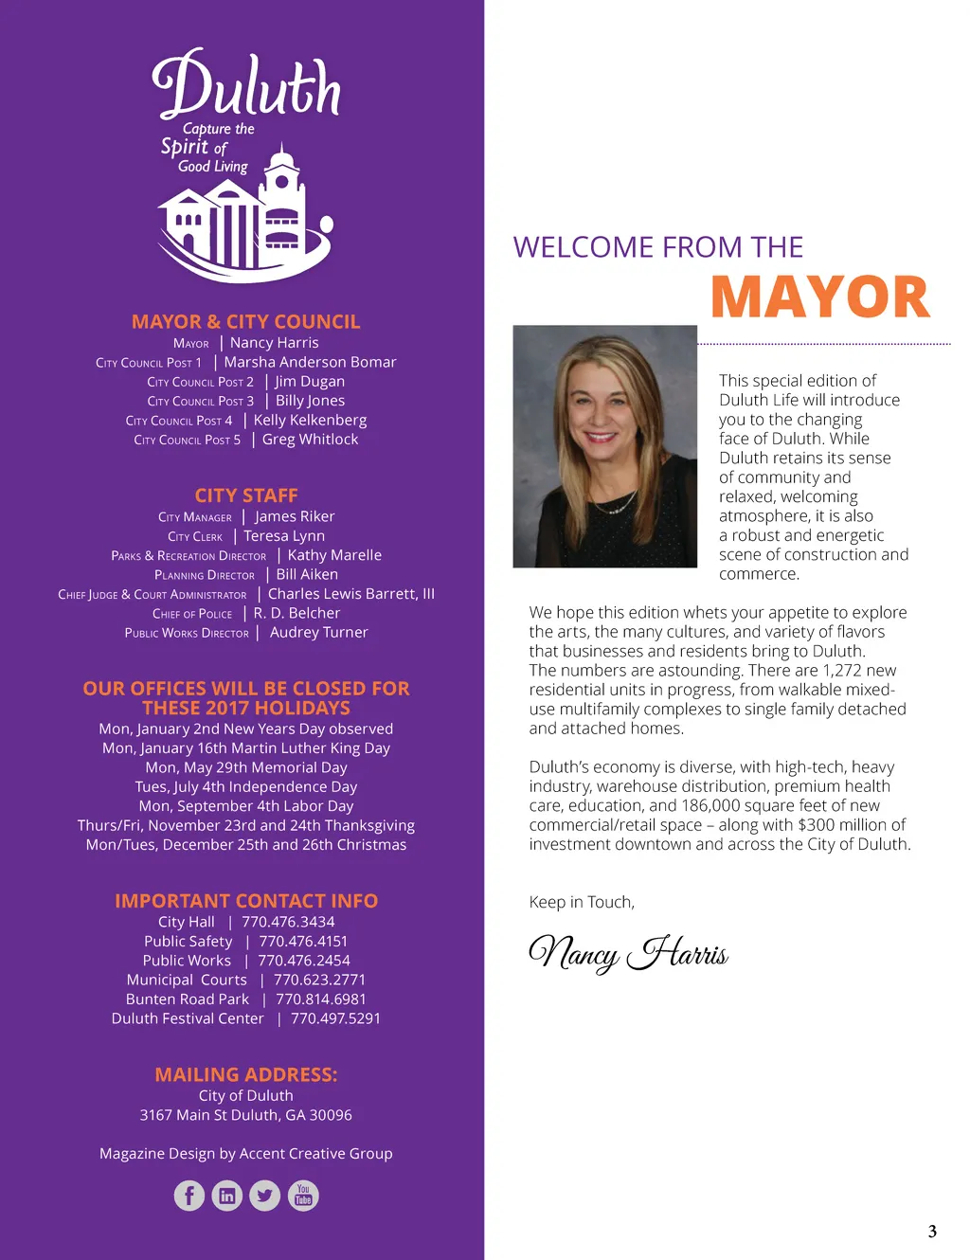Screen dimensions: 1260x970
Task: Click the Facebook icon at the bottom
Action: point(189,1196)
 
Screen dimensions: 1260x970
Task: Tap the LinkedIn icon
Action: point(227,1196)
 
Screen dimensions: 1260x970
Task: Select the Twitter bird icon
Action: point(265,1196)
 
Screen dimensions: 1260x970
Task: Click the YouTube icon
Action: point(303,1196)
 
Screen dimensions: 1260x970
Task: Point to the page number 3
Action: point(932,1232)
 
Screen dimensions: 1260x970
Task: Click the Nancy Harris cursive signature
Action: point(628,953)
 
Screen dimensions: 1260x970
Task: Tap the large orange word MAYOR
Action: point(820,297)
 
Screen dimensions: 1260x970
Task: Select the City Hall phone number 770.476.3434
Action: point(288,922)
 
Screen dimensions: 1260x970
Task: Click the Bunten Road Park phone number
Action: point(320,999)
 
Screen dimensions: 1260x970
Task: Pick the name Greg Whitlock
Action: point(310,440)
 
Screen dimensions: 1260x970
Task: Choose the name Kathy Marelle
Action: point(334,555)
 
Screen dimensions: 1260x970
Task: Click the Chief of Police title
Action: point(192,614)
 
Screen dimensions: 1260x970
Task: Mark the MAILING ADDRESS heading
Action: point(246,1074)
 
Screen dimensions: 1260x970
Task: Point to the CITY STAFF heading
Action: point(246,495)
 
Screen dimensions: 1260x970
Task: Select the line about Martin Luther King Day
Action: point(246,748)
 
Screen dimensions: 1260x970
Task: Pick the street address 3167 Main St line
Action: point(246,1115)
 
